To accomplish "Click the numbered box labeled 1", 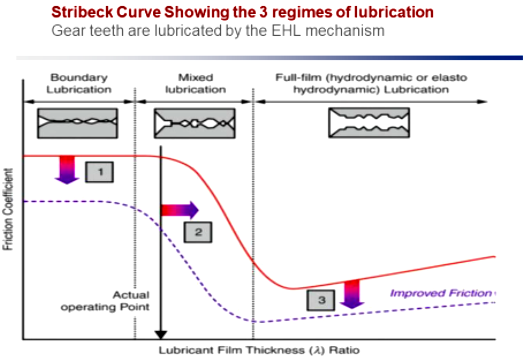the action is pos(100,172).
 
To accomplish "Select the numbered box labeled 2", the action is pos(198,232).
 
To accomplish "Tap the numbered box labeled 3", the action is pos(321,300).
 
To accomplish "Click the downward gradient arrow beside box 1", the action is pos(67,170).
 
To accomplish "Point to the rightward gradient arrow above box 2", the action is pos(180,210).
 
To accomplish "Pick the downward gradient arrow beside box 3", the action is pos(352,294).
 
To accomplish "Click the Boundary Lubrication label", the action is pos(79,84).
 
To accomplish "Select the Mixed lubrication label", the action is pos(196,84).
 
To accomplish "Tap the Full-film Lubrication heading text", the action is pos(371,84).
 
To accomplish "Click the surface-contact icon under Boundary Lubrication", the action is pos(78,123).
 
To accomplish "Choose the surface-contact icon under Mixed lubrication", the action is pos(195,123).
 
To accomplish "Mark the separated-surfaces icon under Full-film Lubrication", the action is pos(369,123).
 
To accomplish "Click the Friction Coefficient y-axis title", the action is pos(8,209).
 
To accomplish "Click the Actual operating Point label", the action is pos(105,301).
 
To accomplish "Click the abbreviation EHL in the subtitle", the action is pos(286,31).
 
